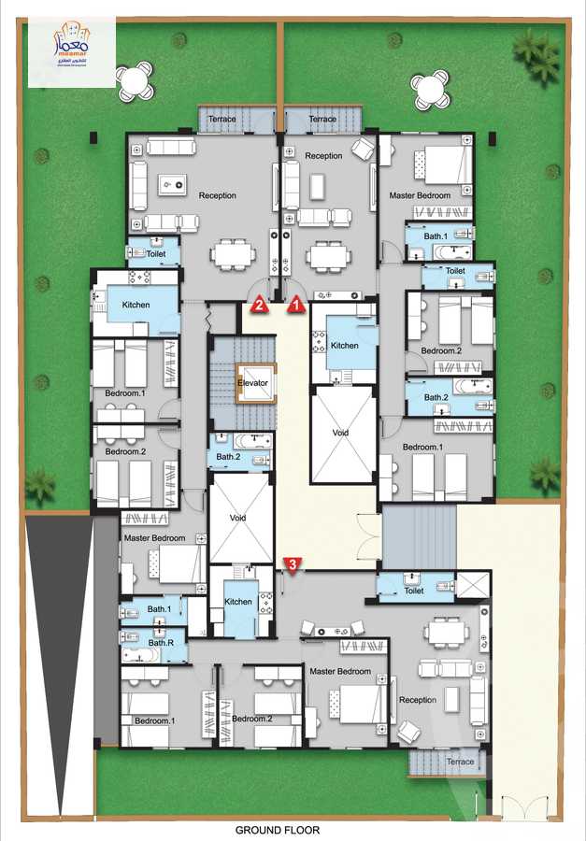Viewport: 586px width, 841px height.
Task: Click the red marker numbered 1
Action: (296, 303)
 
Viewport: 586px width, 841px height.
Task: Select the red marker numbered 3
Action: (293, 564)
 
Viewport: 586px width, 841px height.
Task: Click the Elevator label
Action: (252, 383)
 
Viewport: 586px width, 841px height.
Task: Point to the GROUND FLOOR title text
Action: (277, 830)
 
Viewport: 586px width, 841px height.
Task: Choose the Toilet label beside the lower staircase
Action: (414, 591)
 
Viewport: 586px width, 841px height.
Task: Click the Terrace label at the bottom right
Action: (460, 762)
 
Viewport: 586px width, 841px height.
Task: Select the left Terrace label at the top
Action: (222, 120)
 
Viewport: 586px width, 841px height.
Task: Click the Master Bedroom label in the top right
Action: (420, 195)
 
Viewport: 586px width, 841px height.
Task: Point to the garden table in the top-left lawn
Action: (135, 79)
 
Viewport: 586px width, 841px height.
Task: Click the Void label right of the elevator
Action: (342, 434)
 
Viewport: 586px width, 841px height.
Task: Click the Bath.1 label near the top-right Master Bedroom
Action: (436, 236)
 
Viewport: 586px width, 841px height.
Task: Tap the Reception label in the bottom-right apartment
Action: (417, 700)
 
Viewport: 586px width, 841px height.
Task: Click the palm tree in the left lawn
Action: (39, 483)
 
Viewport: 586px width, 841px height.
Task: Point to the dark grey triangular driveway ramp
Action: (58, 635)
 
